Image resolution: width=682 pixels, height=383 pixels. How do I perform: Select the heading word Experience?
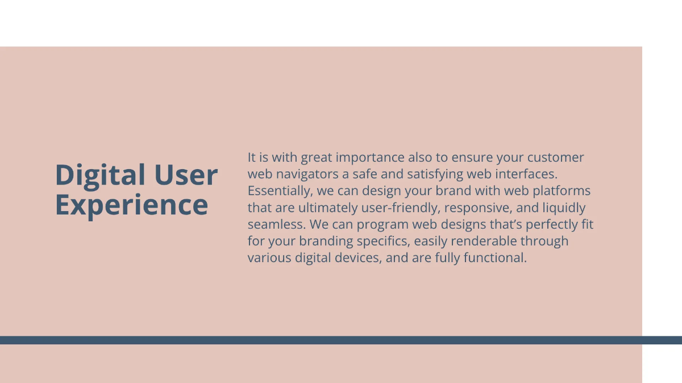tap(131, 205)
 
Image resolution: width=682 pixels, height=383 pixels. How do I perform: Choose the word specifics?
tap(381, 241)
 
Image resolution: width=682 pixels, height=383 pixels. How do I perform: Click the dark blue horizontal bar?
tap(341, 340)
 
